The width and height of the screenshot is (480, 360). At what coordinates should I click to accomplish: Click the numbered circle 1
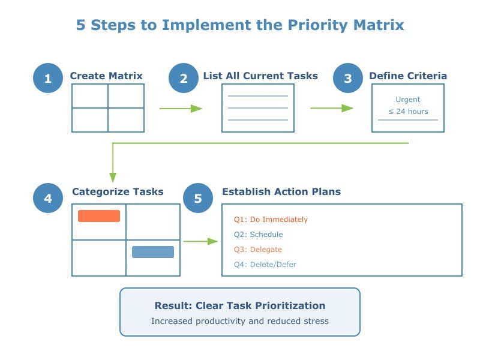coord(48,78)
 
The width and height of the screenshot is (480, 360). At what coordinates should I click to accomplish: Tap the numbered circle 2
coord(184,78)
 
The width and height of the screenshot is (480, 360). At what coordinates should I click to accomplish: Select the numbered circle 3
coord(348,78)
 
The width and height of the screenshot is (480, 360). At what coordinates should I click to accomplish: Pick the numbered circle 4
coord(48,198)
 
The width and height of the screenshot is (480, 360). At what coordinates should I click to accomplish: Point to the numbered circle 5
coord(198,198)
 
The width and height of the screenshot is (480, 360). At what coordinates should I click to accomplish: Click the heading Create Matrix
coord(106,76)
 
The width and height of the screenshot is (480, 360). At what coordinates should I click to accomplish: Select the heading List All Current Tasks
coord(260,76)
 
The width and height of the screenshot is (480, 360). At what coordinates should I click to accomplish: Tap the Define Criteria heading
coord(407,76)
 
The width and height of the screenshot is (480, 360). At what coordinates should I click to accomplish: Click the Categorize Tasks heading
coord(118,192)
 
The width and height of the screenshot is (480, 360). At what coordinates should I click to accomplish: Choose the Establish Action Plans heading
coord(281,192)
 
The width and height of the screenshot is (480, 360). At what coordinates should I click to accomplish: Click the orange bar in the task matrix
coord(99,216)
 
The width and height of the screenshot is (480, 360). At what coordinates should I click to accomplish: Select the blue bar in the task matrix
coord(153,252)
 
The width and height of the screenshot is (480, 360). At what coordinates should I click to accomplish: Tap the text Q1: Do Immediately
coord(271,220)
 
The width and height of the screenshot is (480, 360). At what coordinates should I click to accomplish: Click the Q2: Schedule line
coord(258,235)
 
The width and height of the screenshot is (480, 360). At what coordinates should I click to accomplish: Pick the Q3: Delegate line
coord(257,250)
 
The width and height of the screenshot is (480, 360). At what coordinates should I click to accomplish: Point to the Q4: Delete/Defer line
coord(265,265)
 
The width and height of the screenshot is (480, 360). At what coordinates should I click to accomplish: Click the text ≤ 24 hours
coord(408,112)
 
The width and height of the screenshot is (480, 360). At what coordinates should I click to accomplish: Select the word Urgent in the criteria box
coord(408,100)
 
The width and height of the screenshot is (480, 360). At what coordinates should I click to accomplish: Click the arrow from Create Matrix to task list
coord(180,109)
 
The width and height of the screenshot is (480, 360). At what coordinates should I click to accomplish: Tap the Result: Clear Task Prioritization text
coord(240,305)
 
